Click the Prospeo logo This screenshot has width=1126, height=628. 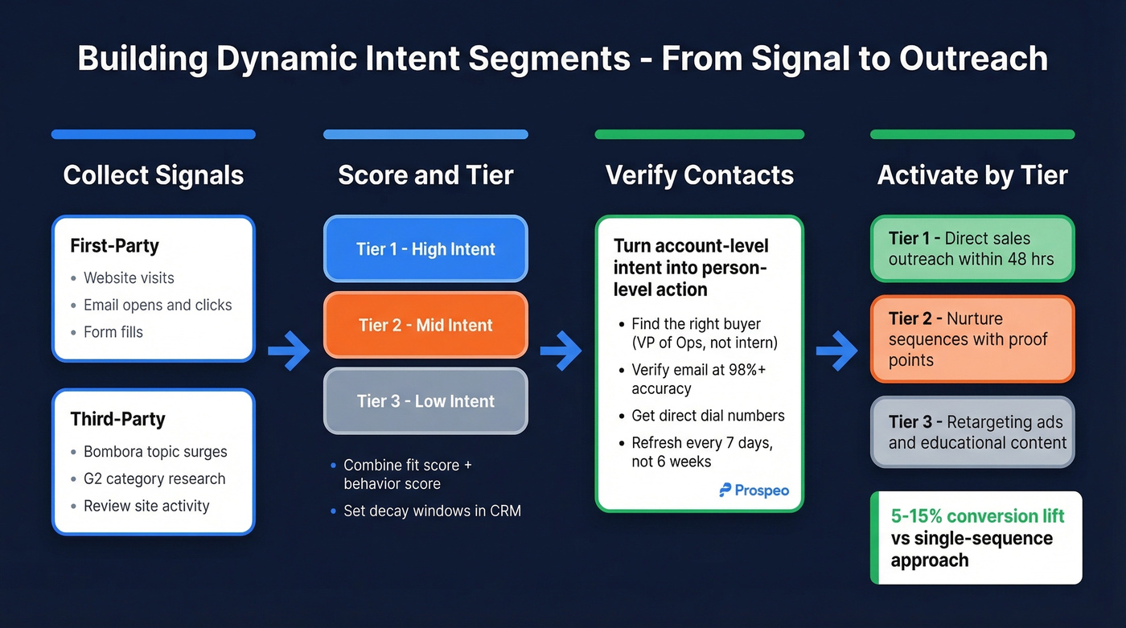point(754,490)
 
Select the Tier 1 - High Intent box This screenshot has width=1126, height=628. point(425,249)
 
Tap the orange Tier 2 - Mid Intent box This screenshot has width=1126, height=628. point(425,325)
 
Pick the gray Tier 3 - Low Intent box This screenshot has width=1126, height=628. point(425,401)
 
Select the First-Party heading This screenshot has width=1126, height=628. point(114,246)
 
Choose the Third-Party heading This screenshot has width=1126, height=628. point(117,419)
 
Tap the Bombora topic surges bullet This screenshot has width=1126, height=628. point(155,452)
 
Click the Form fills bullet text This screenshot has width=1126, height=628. point(113,331)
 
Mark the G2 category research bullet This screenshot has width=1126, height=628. point(154,479)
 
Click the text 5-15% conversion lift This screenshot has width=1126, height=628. point(977,516)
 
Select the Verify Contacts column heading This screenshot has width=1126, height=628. point(699,175)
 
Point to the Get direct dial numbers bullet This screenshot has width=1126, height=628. point(708,416)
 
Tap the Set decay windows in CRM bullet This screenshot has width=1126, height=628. point(432,510)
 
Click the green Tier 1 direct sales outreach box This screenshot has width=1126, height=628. point(972,248)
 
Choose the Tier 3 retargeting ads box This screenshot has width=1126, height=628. point(972,432)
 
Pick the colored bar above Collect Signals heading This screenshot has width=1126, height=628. point(153,134)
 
